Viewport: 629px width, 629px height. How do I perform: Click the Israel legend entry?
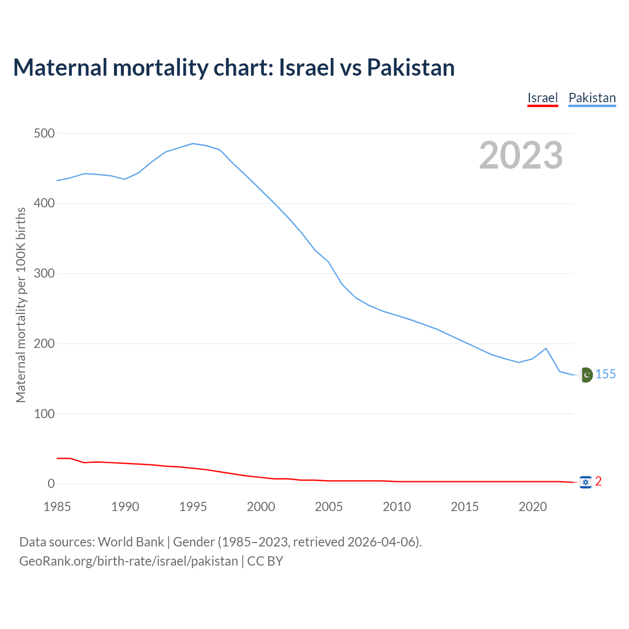click(x=543, y=98)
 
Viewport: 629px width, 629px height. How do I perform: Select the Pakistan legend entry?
click(x=592, y=98)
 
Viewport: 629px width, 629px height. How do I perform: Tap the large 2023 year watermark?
click(x=521, y=155)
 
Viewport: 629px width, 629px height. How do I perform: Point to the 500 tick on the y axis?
click(x=44, y=133)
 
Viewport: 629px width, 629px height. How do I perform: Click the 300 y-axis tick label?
click(x=44, y=274)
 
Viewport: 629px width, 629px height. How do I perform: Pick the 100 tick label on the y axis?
click(x=44, y=414)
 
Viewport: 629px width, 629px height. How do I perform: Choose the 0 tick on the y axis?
click(x=51, y=484)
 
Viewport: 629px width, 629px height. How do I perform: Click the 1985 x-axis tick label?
click(x=57, y=507)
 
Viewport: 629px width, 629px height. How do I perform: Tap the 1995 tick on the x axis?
click(x=193, y=507)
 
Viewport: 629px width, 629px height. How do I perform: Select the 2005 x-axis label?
click(x=329, y=507)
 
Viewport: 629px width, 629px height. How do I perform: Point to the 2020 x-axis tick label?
click(x=533, y=507)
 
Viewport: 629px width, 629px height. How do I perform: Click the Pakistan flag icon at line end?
click(x=585, y=375)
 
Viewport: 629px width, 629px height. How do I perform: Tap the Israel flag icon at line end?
click(x=585, y=482)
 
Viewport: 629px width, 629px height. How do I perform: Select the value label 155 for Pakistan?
click(x=605, y=374)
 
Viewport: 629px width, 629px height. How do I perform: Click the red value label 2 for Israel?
click(x=598, y=482)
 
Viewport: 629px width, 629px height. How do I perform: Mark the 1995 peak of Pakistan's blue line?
click(x=193, y=143)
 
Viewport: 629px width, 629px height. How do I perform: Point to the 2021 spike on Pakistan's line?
click(x=546, y=348)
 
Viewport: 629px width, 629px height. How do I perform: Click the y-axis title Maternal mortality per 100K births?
click(x=21, y=305)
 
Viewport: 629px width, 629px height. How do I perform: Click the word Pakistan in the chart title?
click(x=411, y=67)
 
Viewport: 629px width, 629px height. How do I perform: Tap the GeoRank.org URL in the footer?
click(x=129, y=561)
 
